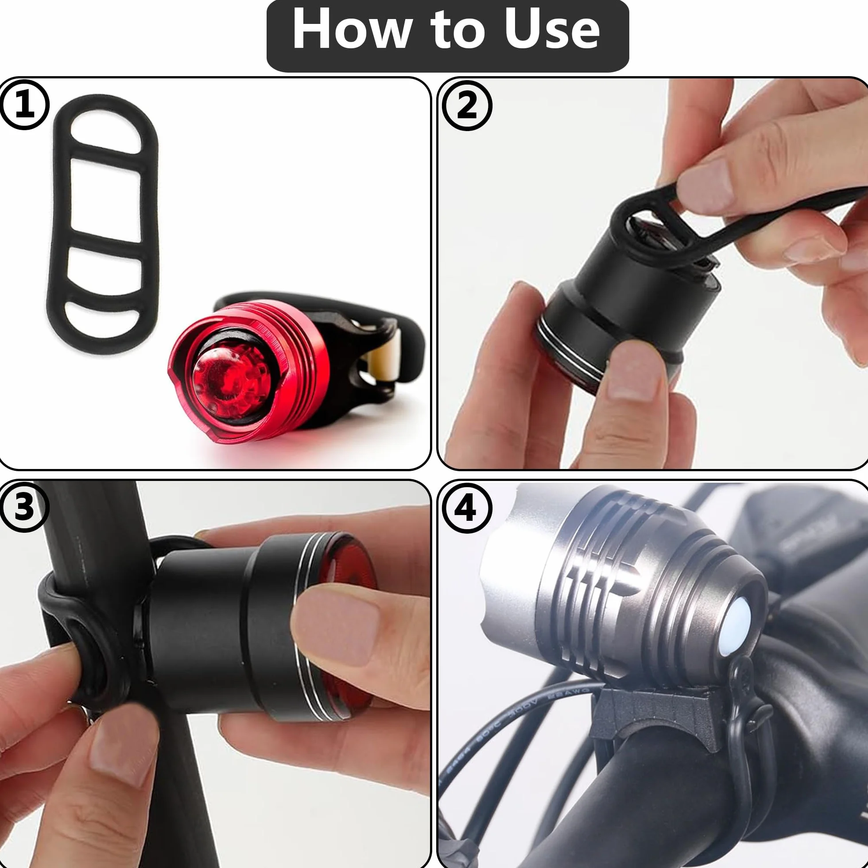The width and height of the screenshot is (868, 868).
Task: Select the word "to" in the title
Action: point(459,31)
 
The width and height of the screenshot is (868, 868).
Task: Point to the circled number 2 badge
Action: point(467,106)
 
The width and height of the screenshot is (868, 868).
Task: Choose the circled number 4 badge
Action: point(467,508)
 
